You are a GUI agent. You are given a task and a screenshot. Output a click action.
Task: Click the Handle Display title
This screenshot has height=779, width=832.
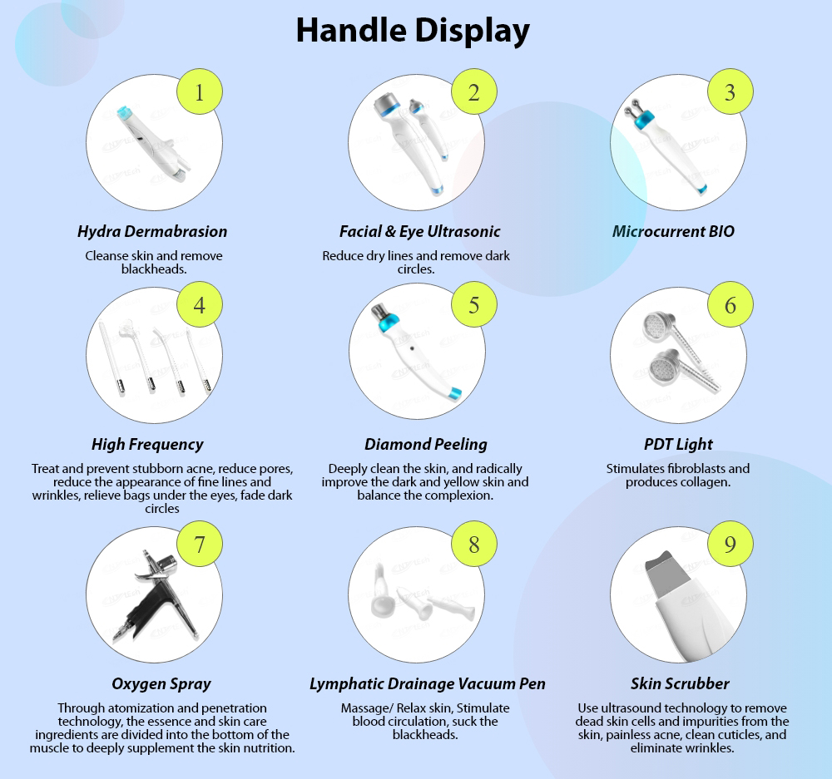(413, 32)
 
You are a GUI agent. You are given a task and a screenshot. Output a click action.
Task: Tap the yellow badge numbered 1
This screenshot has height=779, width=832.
(199, 92)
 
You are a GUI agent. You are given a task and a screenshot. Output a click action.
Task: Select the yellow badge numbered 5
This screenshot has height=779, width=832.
(473, 304)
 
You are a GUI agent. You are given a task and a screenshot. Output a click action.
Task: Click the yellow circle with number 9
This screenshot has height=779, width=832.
(730, 545)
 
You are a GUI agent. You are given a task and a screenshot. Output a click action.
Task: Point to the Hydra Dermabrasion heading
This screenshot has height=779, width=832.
(152, 231)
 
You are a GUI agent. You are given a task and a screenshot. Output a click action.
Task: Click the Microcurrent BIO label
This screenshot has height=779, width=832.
(673, 231)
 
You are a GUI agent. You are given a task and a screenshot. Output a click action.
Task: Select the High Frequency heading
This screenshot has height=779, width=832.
(147, 444)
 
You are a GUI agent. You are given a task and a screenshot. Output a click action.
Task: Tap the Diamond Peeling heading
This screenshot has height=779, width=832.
(426, 444)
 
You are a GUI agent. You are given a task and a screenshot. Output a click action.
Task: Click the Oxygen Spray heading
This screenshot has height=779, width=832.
(161, 683)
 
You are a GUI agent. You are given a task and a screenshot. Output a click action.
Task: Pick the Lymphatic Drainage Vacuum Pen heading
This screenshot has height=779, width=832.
(428, 683)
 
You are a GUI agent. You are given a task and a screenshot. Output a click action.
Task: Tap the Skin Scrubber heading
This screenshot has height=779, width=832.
(680, 683)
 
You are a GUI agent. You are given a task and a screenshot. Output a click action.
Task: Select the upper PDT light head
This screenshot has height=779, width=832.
(655, 326)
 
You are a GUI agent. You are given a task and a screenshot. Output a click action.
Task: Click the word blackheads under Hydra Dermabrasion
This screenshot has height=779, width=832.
(153, 269)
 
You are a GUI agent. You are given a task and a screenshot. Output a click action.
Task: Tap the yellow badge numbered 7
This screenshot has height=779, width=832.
(199, 545)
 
